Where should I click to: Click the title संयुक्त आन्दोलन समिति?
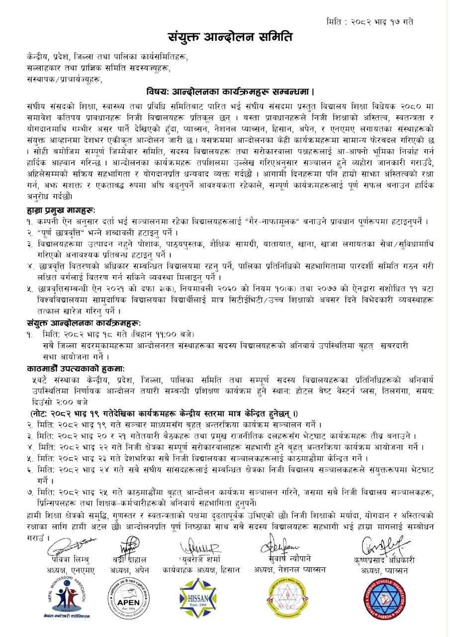click(x=229, y=37)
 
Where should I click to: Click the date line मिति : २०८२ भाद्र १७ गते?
click(x=370, y=22)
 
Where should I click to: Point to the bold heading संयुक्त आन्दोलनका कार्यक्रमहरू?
click(x=84, y=323)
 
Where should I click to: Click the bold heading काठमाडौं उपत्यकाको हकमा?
click(x=76, y=368)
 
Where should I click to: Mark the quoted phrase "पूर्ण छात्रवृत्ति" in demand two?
click(x=64, y=233)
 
